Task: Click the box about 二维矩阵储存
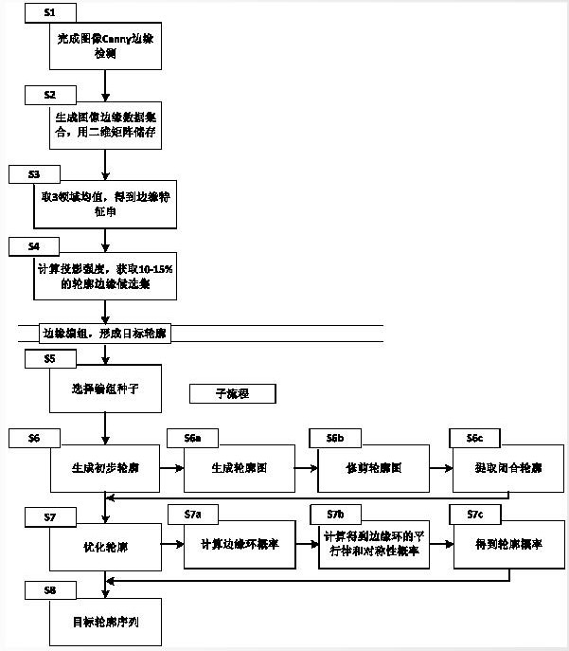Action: click(x=105, y=126)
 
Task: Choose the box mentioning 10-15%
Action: click(x=105, y=275)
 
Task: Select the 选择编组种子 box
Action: click(x=105, y=389)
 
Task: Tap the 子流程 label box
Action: click(x=232, y=392)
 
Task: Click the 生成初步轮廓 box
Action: click(x=105, y=468)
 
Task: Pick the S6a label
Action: click(x=191, y=438)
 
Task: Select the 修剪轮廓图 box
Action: click(x=362, y=468)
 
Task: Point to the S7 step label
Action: click(x=54, y=516)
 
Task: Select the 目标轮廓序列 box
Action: click(x=105, y=622)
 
